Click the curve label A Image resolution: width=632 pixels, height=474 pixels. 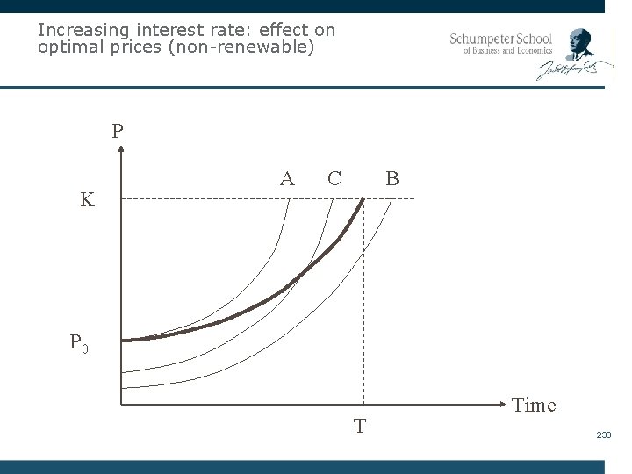coord(287,179)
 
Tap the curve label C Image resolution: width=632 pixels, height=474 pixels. coord(334,179)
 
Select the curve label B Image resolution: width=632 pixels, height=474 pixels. coord(392,179)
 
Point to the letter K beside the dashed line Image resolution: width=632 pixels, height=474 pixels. coord(87,200)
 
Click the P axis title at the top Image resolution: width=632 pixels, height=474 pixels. coord(118,132)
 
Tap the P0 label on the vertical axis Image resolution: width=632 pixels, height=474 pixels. coord(79,343)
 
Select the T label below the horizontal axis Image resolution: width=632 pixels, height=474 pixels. coord(360,427)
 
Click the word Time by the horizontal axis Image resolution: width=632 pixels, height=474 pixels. coord(534,405)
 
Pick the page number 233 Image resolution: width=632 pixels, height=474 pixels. coord(603,435)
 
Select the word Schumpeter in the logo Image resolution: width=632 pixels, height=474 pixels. coord(485,39)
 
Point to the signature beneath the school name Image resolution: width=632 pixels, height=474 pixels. coord(569,70)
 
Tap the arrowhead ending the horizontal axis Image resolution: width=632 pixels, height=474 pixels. coord(503,405)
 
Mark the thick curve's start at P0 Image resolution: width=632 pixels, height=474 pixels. coord(124,340)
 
